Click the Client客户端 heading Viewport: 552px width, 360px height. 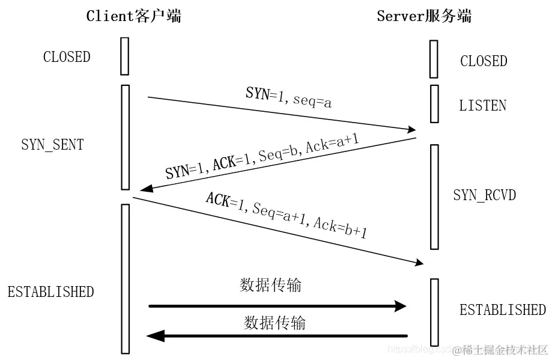click(133, 16)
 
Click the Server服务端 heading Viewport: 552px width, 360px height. click(424, 16)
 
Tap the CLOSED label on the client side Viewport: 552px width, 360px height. click(67, 57)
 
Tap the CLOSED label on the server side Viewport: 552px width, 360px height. click(484, 61)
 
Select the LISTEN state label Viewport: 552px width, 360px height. click(482, 106)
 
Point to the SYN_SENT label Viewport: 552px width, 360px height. click(52, 145)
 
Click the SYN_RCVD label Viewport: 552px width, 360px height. click(484, 195)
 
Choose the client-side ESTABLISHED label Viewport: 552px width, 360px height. click(50, 292)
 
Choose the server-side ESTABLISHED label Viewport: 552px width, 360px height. click(503, 310)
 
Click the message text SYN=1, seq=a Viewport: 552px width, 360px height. click(289, 97)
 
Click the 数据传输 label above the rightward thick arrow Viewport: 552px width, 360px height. click(270, 285)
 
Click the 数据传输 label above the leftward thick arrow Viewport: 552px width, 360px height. click(274, 323)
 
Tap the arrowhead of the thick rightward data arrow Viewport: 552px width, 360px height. click(401, 306)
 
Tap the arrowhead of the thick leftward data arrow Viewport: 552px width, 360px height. click(155, 335)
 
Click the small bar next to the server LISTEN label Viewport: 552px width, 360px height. click(434, 103)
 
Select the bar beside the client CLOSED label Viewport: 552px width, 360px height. click(125, 56)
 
